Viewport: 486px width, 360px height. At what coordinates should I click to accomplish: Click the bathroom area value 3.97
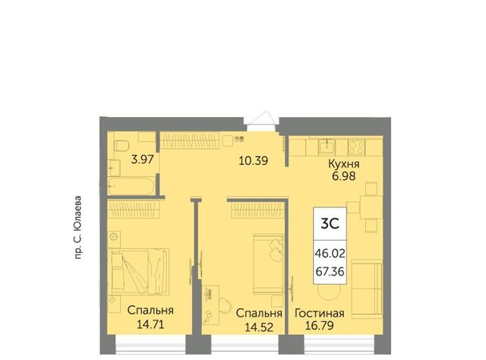pyautogui.click(x=142, y=159)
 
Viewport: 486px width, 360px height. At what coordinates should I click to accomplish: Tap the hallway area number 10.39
pyautogui.click(x=253, y=160)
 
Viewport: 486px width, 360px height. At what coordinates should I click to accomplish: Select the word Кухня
pyautogui.click(x=344, y=164)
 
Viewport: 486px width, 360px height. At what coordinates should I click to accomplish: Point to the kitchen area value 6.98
pyautogui.click(x=344, y=176)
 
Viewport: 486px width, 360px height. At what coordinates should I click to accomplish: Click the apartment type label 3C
pyautogui.click(x=330, y=223)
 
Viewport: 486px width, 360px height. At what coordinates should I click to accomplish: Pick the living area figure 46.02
pyautogui.click(x=330, y=254)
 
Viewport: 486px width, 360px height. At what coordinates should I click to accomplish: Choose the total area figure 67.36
pyautogui.click(x=330, y=272)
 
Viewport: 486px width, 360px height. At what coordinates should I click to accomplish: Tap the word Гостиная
pyautogui.click(x=319, y=313)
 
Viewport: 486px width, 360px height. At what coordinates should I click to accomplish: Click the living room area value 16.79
pyautogui.click(x=319, y=326)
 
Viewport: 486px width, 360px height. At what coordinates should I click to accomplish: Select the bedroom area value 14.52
pyautogui.click(x=259, y=327)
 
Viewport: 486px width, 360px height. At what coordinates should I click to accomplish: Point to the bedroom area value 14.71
pyautogui.click(x=150, y=324)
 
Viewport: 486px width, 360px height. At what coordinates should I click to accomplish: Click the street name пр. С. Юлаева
pyautogui.click(x=77, y=227)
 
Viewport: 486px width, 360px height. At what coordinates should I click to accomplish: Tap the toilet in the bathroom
pyautogui.click(x=121, y=146)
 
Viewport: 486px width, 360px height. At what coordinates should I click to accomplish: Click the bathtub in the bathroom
pyautogui.click(x=131, y=186)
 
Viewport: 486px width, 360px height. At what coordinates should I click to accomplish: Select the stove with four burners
pyautogui.click(x=356, y=147)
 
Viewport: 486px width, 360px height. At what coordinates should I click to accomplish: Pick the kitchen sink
pyautogui.click(x=327, y=147)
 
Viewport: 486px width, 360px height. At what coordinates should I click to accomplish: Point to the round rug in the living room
pyautogui.click(x=330, y=292)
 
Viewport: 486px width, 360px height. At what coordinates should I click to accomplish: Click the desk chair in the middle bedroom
pyautogui.click(x=225, y=305)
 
